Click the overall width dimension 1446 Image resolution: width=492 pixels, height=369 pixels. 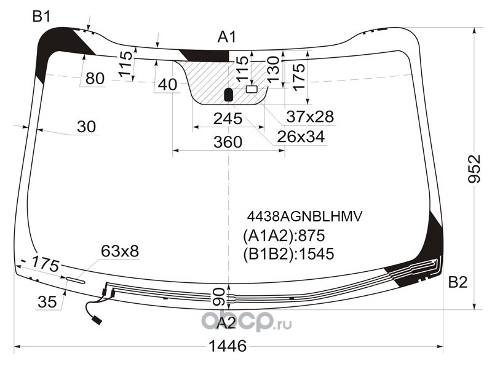coord(228,346)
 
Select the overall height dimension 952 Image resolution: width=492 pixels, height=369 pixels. coord(474,169)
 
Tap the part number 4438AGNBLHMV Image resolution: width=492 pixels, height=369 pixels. coord(304,216)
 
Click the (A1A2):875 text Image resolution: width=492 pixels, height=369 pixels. coord(284,236)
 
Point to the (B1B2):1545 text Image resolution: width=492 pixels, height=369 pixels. coord(288,254)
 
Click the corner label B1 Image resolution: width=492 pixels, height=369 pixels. coord(41,17)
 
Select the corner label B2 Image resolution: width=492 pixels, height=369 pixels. coord(458,282)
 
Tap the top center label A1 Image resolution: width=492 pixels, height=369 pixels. coord(226,37)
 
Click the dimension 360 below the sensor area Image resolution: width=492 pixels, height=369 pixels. coord(228,142)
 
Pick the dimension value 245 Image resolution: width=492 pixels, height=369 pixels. coord(228,119)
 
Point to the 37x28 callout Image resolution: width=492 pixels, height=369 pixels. coord(310,117)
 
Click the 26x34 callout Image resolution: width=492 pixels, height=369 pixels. coord(301,137)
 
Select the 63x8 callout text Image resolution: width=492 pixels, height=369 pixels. coord(120,252)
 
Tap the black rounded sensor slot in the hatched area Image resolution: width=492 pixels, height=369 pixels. coord(229,95)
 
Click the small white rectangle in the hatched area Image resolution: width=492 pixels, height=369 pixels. coord(252,89)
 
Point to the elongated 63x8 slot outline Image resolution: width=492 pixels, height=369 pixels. coord(75,280)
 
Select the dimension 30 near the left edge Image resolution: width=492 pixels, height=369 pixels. coord(86,127)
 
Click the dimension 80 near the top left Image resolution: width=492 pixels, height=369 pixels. coord(95,78)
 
